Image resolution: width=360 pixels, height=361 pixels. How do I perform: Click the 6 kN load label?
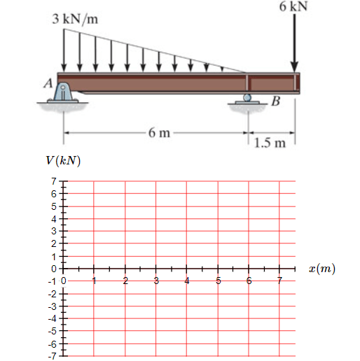point(293,6)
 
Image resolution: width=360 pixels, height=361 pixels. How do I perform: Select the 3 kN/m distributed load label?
point(75,19)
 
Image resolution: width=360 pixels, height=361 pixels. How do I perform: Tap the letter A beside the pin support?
point(48,83)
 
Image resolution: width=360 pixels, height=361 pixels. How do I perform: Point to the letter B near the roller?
point(276,101)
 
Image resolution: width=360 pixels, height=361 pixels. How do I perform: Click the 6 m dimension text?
point(159,133)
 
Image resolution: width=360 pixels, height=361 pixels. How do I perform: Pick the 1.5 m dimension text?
point(270,143)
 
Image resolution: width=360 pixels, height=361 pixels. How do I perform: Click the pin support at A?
point(62,92)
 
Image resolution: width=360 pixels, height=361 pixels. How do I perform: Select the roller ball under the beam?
point(247,97)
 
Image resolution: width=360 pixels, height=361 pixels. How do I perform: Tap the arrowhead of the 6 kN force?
point(294,68)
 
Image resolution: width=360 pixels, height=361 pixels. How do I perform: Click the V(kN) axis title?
point(63,160)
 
